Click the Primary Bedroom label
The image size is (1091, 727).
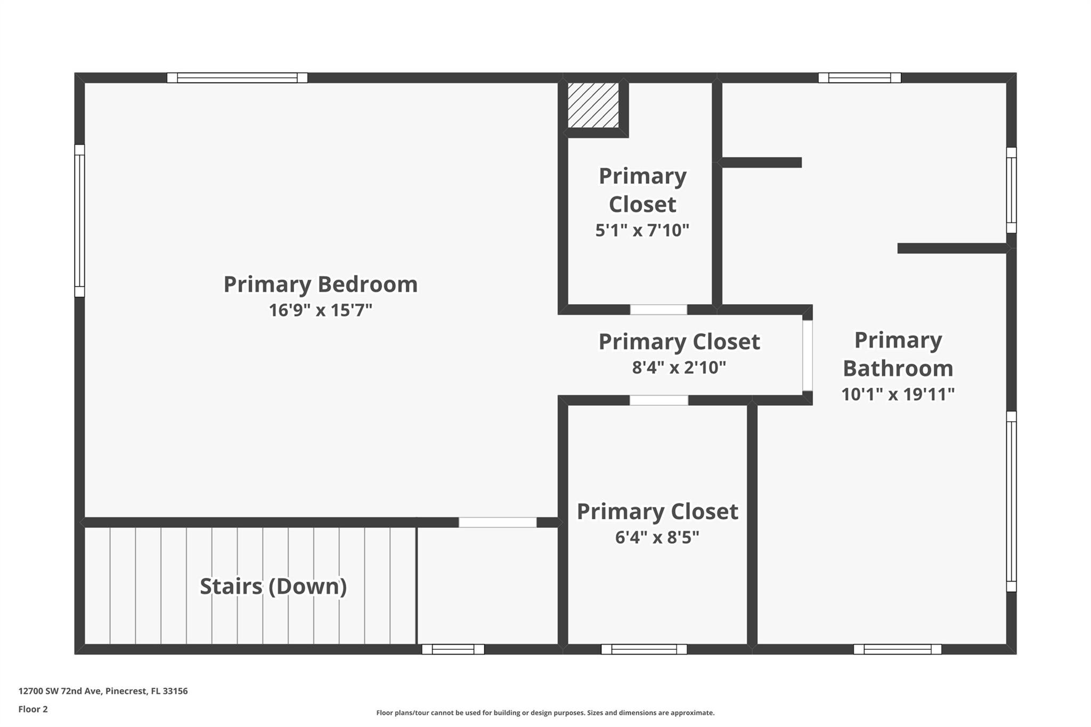tap(320, 284)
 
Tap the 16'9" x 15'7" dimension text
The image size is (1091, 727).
tap(320, 310)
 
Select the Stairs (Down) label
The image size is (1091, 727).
tap(273, 586)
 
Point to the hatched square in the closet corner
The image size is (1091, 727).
tap(593, 105)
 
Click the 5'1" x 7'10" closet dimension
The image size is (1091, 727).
tap(642, 230)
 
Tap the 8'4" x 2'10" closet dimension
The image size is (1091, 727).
tap(679, 367)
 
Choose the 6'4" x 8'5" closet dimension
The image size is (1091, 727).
tap(657, 537)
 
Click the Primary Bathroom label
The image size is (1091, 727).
tap(898, 354)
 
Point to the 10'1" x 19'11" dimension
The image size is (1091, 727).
tap(898, 394)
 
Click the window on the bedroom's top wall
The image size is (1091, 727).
tap(237, 78)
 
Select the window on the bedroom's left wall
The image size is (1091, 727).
tap(79, 220)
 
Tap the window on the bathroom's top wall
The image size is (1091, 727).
tap(859, 78)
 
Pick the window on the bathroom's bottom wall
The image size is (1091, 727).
tap(897, 649)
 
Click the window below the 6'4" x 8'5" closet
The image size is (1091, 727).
tap(644, 649)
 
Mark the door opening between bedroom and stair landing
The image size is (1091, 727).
tap(498, 522)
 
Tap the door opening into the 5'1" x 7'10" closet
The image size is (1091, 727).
tap(658, 309)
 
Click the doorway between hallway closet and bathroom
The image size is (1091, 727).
tap(808, 355)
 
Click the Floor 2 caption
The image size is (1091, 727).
tap(33, 709)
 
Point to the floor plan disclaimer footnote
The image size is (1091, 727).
tap(545, 713)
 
